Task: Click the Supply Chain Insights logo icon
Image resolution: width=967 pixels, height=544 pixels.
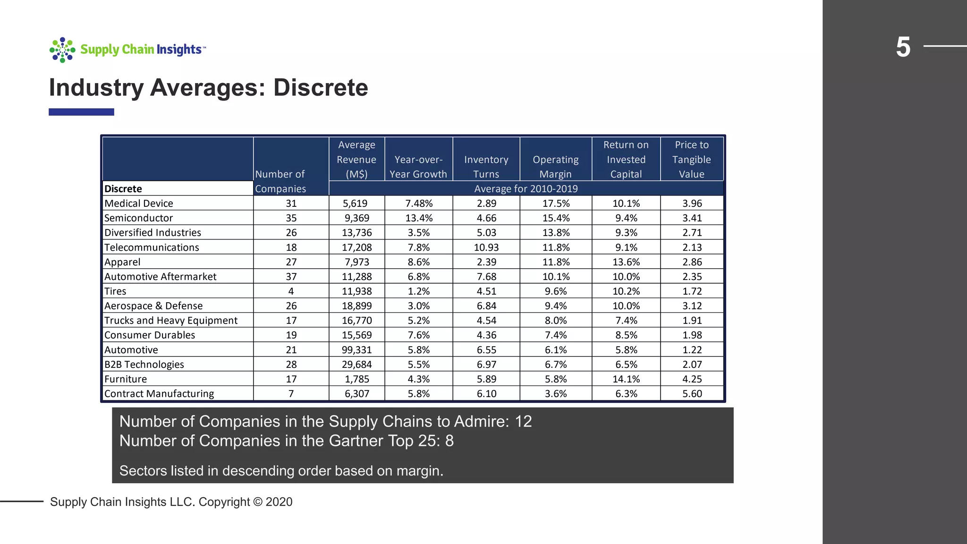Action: [x=62, y=50]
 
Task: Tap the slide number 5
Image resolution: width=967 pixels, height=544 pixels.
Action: [x=903, y=47]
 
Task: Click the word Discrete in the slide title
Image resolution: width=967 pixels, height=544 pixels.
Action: [x=321, y=88]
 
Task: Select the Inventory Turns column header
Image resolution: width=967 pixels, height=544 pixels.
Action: [x=486, y=167]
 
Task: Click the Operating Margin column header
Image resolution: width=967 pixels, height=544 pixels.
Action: [x=555, y=167]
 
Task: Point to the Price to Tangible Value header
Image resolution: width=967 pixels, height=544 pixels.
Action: [x=691, y=160]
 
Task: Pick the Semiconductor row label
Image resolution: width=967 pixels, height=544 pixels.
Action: [x=138, y=218]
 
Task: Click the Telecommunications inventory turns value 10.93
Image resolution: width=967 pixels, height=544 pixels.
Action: [x=486, y=247]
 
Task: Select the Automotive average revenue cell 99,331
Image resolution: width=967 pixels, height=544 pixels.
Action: [x=356, y=350]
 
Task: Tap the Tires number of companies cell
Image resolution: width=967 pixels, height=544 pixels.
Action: [x=291, y=291]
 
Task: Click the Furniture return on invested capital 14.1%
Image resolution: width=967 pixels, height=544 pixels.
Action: [x=626, y=379]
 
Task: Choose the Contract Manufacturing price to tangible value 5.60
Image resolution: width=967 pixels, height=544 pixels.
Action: [x=692, y=394]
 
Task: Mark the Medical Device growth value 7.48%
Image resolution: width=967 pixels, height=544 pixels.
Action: [x=418, y=204]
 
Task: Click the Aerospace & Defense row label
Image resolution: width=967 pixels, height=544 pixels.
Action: [x=153, y=306]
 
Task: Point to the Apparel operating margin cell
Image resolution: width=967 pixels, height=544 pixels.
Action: [x=555, y=262]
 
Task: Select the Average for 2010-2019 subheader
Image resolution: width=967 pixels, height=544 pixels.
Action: [x=526, y=189]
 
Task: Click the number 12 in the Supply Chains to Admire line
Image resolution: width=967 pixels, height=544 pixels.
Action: [x=523, y=421]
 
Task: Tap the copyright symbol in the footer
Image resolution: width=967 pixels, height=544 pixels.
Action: [x=257, y=502]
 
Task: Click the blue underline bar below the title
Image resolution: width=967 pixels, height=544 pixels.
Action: [x=81, y=112]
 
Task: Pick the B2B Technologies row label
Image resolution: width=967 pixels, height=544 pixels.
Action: [x=144, y=365]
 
